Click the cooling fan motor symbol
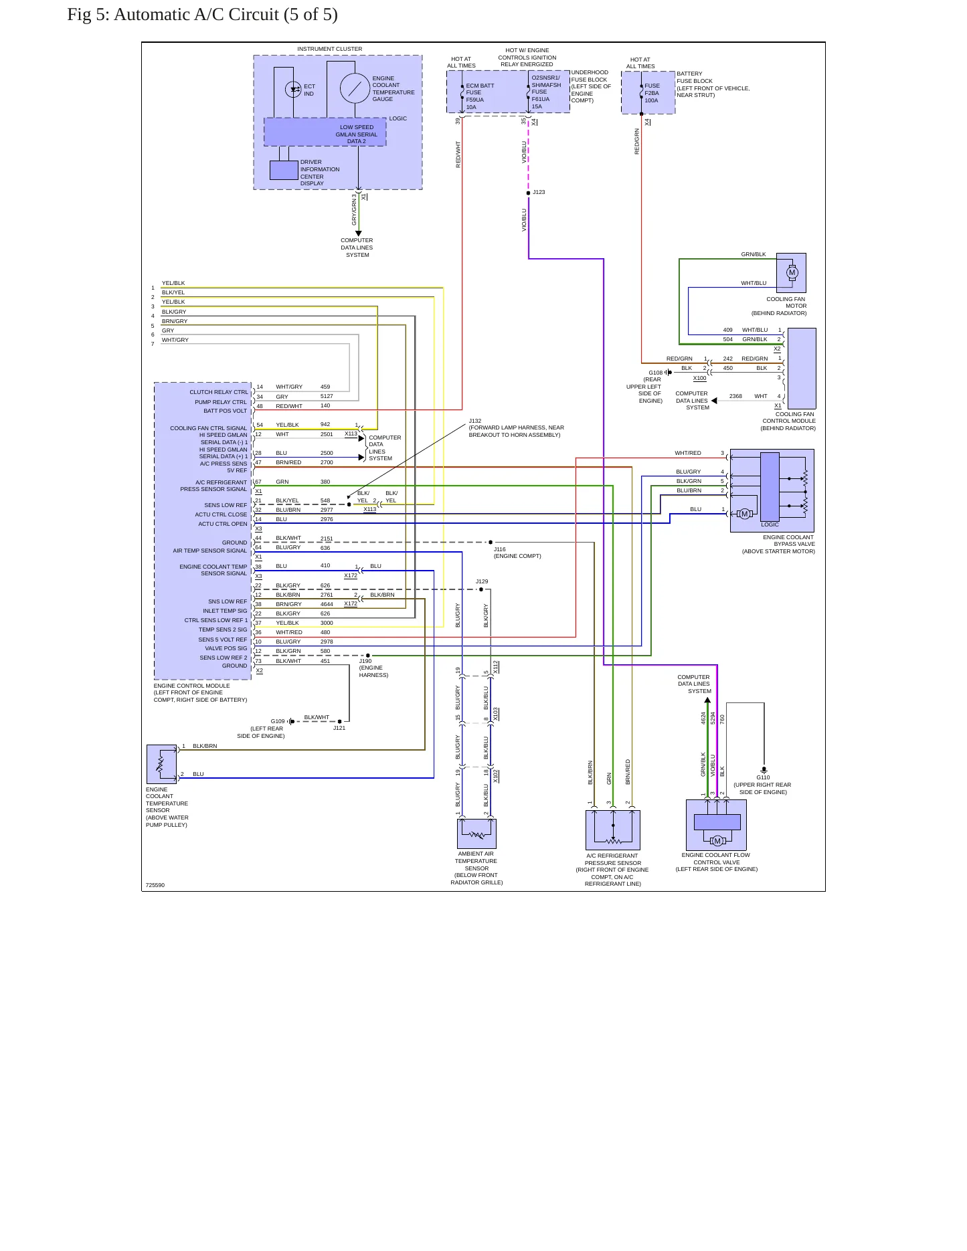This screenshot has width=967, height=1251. [792, 272]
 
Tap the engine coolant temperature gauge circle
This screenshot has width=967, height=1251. [355, 88]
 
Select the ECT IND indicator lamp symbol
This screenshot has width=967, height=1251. [293, 89]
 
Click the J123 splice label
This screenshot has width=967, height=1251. [539, 192]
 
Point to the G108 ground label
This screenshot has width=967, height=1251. [655, 373]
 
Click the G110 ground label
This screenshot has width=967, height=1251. [763, 777]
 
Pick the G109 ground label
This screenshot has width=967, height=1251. [278, 721]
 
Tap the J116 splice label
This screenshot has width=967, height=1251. [500, 549]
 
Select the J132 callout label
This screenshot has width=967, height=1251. [475, 421]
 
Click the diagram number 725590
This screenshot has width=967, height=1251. [155, 885]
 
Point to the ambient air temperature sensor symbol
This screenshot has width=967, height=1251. [476, 834]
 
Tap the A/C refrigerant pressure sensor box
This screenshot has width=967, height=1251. [613, 830]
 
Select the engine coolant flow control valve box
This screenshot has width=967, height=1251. [716, 825]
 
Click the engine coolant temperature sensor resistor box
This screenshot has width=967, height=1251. [161, 764]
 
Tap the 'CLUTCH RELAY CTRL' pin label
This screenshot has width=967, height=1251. [219, 392]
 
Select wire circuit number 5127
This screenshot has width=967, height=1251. [327, 396]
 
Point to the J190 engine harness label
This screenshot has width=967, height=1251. [373, 668]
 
